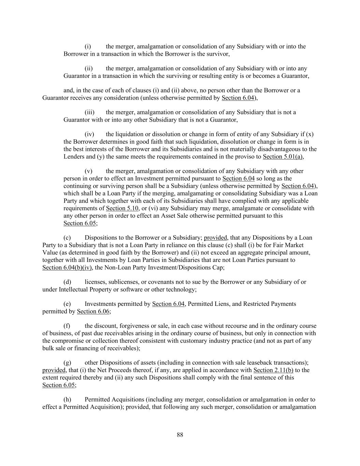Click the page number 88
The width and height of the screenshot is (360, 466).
[x=180, y=435]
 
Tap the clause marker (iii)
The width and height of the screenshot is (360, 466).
[x=89, y=112]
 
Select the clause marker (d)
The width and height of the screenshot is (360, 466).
[x=67, y=282]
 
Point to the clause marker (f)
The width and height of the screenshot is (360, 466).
[x=67, y=326]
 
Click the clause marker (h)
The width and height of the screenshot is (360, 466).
[x=67, y=399]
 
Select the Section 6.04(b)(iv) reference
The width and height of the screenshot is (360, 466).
[x=67, y=267]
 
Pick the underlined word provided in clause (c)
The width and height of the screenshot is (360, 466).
[x=216, y=238]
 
